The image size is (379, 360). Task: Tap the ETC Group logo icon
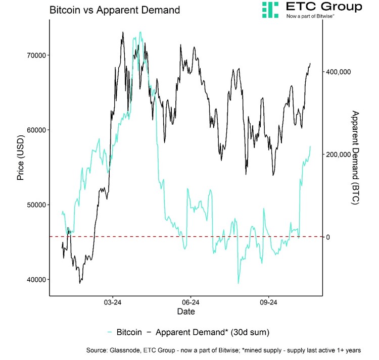point(270,10)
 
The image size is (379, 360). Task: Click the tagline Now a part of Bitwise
point(310,16)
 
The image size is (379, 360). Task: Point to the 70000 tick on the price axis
point(36,55)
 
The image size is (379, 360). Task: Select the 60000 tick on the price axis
point(36,130)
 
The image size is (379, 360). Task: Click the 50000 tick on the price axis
point(36,204)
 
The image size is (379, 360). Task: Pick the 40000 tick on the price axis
point(36,279)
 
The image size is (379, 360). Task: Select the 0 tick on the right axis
point(328,237)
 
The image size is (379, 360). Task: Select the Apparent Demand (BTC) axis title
point(355,158)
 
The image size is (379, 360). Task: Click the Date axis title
point(186,313)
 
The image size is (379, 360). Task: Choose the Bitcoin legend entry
point(130,332)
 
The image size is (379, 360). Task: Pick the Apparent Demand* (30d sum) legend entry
point(212,332)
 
